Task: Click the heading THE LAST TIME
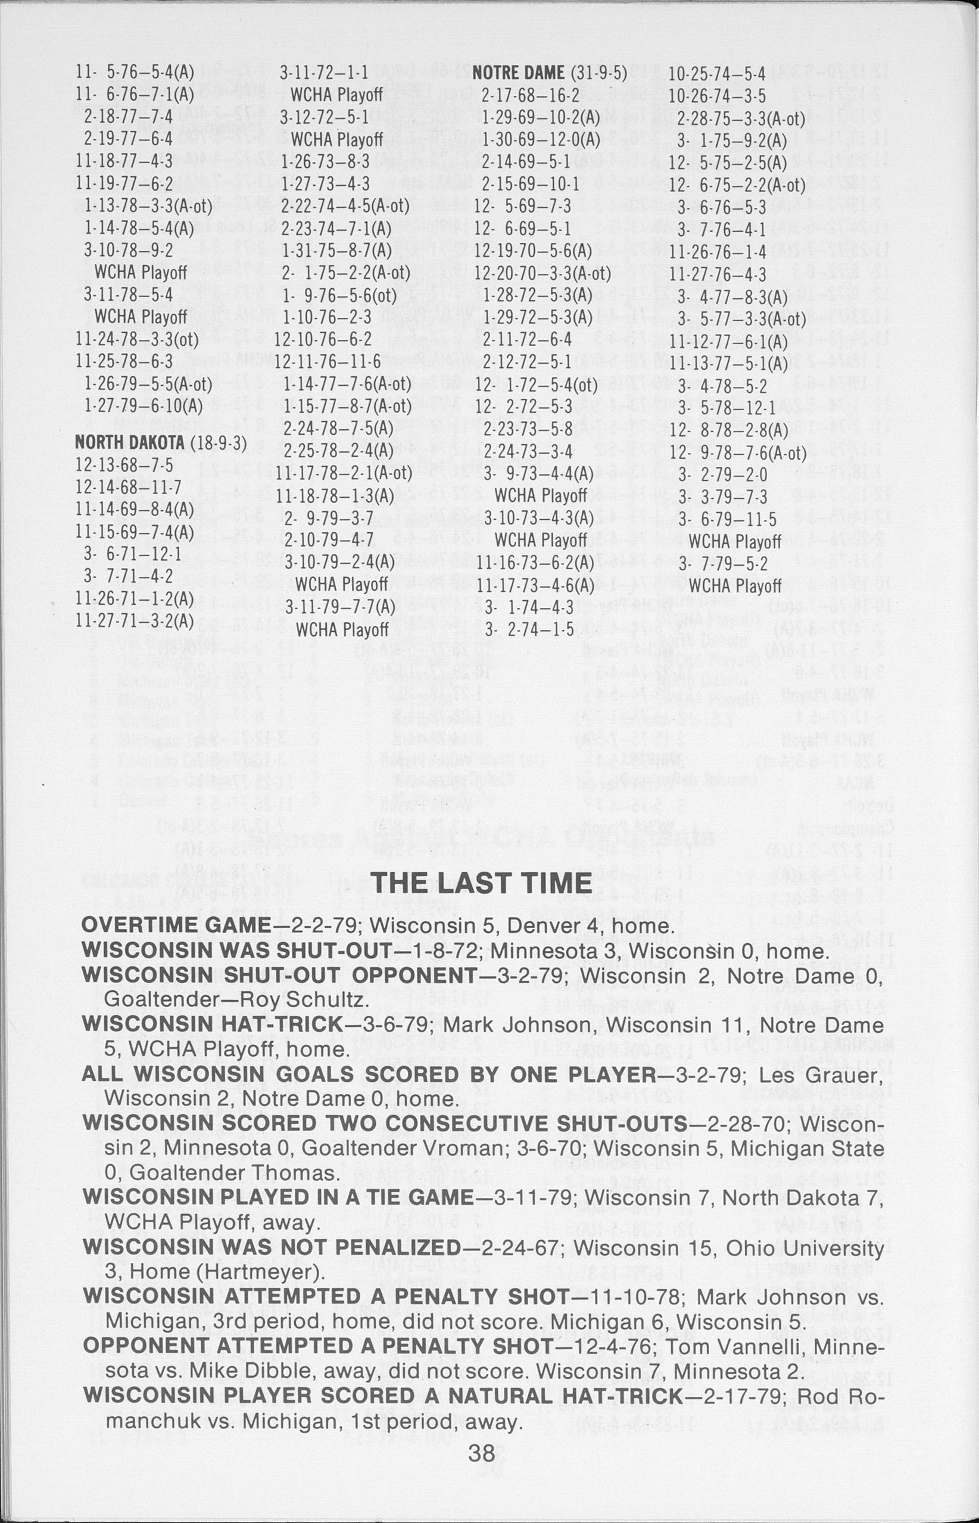481,883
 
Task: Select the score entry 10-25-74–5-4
716,73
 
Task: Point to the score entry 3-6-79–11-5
727,519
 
